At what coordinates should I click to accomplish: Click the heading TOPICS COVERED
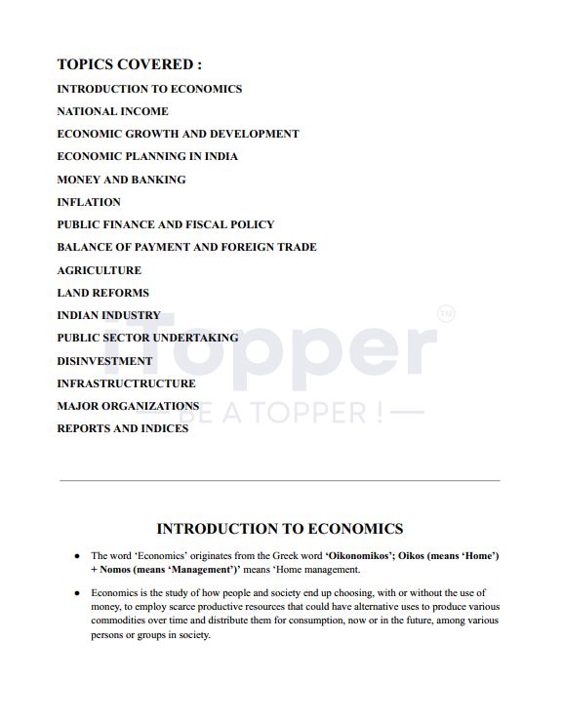click(130, 64)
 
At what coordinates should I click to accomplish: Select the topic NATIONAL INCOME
click(112, 111)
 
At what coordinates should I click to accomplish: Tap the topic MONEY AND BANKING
click(121, 180)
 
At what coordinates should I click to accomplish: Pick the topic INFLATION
click(89, 202)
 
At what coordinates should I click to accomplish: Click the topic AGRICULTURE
click(99, 270)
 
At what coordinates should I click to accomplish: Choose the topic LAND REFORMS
click(102, 293)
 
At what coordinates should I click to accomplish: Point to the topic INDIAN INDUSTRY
click(108, 315)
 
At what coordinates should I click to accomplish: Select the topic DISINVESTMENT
click(104, 361)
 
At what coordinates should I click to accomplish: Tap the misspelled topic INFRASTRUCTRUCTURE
click(126, 383)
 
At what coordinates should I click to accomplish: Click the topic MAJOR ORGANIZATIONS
click(128, 406)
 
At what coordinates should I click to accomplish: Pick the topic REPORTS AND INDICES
click(123, 428)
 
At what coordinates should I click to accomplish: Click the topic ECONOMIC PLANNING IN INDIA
click(147, 156)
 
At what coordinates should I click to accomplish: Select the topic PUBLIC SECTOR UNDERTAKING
click(147, 338)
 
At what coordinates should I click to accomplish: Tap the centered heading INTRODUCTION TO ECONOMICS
click(280, 529)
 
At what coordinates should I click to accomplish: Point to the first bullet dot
click(77, 556)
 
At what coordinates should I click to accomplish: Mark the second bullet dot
click(77, 593)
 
